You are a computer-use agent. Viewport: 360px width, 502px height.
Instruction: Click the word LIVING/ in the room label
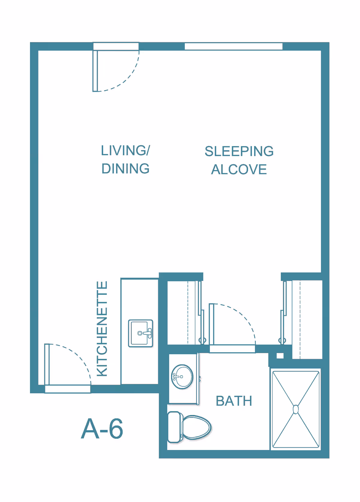coord(125,150)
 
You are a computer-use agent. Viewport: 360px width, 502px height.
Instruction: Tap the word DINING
coord(125,168)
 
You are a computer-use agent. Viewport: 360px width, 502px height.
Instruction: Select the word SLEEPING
coord(239,151)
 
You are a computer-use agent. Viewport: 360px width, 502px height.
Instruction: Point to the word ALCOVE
coord(239,169)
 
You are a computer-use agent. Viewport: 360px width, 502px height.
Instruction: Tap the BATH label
coord(234,401)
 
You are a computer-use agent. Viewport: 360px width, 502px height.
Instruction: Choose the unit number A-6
coord(102,429)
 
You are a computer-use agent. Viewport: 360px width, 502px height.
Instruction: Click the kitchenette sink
coord(141,333)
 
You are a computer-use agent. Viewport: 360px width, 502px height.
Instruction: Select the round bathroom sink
coord(182,377)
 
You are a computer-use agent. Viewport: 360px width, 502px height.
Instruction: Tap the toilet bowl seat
coord(197,427)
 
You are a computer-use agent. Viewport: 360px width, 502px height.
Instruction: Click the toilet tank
coord(175,427)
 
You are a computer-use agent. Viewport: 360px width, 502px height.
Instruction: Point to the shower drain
coord(295,410)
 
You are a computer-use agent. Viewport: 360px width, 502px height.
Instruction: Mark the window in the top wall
coord(233,47)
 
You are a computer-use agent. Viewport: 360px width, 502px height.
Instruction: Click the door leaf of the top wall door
coord(95,71)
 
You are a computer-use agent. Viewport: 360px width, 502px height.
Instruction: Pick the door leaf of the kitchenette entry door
coord(47,364)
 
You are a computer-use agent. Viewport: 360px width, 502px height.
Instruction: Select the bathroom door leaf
coord(211,324)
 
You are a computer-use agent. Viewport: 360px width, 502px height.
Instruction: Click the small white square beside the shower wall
coord(280,356)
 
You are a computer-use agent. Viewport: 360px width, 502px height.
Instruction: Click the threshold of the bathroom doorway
coord(232,349)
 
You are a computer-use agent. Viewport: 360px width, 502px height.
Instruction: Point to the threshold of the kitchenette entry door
coord(68,389)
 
